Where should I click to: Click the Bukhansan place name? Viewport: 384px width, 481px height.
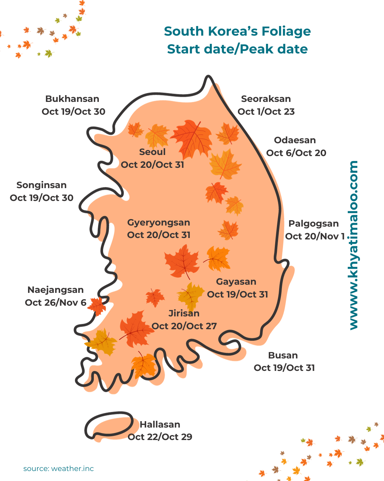tap(72, 99)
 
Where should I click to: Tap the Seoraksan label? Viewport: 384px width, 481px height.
tap(266, 99)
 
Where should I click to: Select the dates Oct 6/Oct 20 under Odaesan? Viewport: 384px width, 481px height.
tap(296, 153)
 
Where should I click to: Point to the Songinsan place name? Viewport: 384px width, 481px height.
tap(42, 185)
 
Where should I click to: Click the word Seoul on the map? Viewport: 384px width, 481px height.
tap(153, 152)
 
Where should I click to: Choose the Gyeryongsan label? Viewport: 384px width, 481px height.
tap(159, 223)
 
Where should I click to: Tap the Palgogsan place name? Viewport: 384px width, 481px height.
tap(313, 224)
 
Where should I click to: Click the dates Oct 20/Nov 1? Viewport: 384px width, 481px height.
tap(315, 237)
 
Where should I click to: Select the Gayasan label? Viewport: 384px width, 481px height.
tap(236, 282)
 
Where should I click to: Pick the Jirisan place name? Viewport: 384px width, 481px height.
tap(184, 314)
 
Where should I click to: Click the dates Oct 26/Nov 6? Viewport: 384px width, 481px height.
tap(55, 303)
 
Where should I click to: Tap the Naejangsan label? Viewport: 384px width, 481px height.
tap(55, 290)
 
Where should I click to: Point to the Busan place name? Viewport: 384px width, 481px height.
tap(283, 356)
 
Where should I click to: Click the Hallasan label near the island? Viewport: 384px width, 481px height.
tap(160, 425)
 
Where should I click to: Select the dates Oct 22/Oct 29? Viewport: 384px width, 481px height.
tap(160, 437)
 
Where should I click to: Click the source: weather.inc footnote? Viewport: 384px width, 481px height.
tap(59, 469)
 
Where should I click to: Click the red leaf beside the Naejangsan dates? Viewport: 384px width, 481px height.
tap(97, 306)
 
